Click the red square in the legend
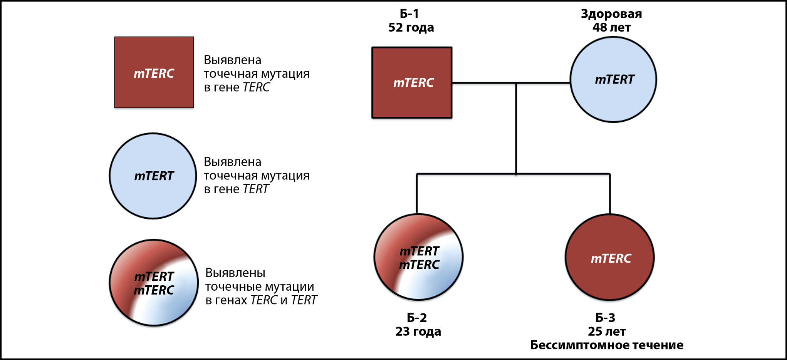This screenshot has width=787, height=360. pyautogui.click(x=154, y=72)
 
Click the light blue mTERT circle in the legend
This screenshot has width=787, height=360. pyautogui.click(x=153, y=176)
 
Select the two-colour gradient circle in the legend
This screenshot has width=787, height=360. pyautogui.click(x=154, y=283)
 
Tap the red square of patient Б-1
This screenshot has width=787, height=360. pyautogui.click(x=412, y=82)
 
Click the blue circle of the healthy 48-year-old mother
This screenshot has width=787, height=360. pyautogui.click(x=613, y=80)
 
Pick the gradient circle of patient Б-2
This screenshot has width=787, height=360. pyautogui.click(x=419, y=257)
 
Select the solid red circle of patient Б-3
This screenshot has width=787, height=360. pyautogui.click(x=610, y=258)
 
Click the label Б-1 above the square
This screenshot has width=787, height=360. pyautogui.click(x=409, y=14)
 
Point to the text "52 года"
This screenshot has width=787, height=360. pyautogui.click(x=411, y=28)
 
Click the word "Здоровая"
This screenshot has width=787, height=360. pyautogui.click(x=611, y=14)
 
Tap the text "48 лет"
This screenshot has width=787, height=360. pyautogui.click(x=611, y=28)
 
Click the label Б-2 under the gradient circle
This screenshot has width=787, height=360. pyautogui.click(x=417, y=318)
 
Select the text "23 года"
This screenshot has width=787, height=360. pyautogui.click(x=418, y=332)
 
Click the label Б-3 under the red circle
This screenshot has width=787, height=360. pyautogui.click(x=605, y=318)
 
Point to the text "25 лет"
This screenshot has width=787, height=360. pyautogui.click(x=607, y=332)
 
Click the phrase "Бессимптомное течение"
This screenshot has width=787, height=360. pyautogui.click(x=607, y=345)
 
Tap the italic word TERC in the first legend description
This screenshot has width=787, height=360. pyautogui.click(x=256, y=87)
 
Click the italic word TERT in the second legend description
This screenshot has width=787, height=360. pyautogui.click(x=256, y=189)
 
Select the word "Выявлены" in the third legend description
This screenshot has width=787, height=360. pyautogui.click(x=235, y=273)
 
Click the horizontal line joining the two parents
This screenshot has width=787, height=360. pyautogui.click(x=511, y=83)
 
